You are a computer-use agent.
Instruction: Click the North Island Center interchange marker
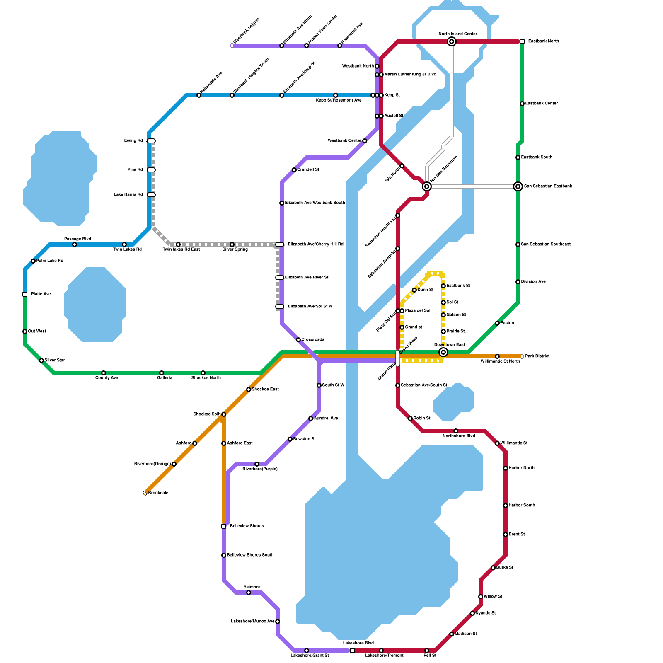pos(452,41)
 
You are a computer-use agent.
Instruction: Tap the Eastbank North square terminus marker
pos(522,41)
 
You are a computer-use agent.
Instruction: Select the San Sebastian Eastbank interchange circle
pos(518,186)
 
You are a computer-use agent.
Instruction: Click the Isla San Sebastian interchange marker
pos(427,186)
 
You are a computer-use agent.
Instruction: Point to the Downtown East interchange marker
pos(443,352)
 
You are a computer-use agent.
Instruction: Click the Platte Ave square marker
pos(25,294)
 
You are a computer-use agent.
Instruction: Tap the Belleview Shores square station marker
pos(224,526)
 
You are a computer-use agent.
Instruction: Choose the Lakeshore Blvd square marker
pos(352,651)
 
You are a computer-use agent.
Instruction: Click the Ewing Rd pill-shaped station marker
pos(151,141)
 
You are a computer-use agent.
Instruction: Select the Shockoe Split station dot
pos(224,414)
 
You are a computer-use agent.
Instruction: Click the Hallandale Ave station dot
pos(199,95)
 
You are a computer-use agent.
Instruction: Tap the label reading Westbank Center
pos(344,141)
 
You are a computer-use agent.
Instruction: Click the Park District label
pos(537,356)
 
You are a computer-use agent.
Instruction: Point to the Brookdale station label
pos(158,493)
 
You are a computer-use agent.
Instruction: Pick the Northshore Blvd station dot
pos(456,431)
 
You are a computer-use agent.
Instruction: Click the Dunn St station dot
pos(414,290)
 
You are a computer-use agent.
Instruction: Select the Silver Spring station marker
pos(232,244)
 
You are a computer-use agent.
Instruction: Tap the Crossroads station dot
pos(298,340)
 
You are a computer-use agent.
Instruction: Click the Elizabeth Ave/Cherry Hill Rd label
pos(316,244)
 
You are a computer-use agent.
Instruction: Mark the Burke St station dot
pos(493,568)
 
